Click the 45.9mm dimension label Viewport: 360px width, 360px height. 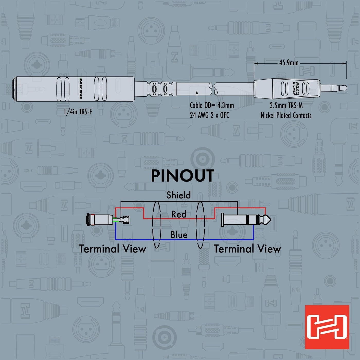289,63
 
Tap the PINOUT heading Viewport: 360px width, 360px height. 183,176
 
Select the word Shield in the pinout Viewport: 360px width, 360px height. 178,195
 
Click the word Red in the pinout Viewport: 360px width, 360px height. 179,214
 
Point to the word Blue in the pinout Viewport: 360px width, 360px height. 179,235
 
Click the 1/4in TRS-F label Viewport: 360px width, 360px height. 78,112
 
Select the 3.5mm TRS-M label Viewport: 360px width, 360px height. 286,106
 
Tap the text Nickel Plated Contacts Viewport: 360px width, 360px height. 286,115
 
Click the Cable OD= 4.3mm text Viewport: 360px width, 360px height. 212,105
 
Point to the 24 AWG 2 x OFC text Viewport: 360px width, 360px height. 209,115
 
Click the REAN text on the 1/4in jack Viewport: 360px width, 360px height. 81,89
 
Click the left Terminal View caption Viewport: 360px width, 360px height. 112,249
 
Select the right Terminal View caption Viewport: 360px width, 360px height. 247,249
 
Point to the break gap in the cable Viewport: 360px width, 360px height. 214,88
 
